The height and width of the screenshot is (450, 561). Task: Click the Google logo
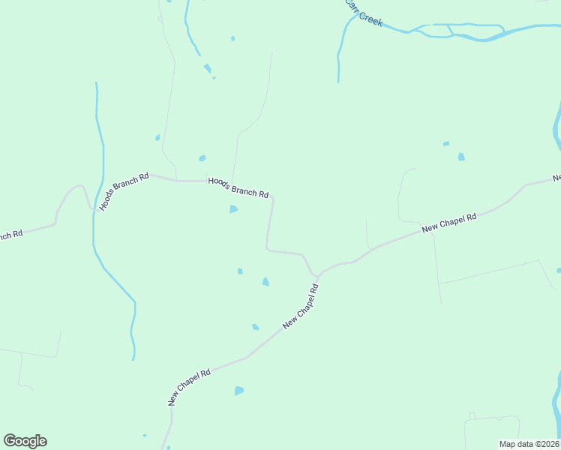coord(25,441)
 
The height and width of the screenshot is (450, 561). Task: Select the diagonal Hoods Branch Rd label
coord(124,191)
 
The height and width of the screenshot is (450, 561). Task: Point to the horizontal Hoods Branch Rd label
coord(238,187)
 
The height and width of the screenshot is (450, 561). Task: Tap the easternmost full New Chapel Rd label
coord(449,223)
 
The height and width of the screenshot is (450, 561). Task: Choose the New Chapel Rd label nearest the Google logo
coord(190,387)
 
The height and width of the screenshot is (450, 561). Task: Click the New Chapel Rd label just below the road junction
coord(301,306)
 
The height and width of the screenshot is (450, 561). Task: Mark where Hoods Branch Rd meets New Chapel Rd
coord(318,276)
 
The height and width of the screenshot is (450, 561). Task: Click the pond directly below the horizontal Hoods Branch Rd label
coord(233,209)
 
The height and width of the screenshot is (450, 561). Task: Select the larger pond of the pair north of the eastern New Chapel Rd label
coord(461,157)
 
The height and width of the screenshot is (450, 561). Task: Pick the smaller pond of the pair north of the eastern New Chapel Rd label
coord(446,143)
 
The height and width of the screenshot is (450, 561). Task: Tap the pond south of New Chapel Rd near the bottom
coord(239,391)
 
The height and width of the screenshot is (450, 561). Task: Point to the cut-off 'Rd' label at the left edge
coord(10,235)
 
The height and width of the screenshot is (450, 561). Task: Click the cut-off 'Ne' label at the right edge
coord(557,178)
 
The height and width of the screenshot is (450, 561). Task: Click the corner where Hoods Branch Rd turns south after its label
coord(272,198)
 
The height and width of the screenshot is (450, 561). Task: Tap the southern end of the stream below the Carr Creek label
coord(338,80)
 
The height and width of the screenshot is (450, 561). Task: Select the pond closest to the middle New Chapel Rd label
coord(256,327)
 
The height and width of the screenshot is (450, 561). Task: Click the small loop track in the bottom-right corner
coord(472,415)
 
